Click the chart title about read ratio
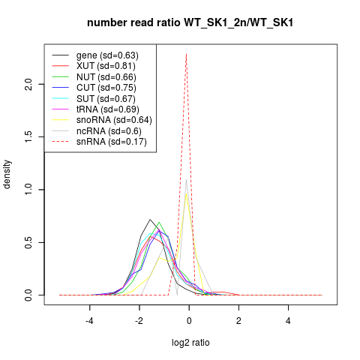pyautogui.click(x=190, y=22)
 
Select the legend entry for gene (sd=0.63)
pyautogui.click(x=107, y=55)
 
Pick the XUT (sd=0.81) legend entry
pyautogui.click(x=106, y=66)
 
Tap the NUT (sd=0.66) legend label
pyautogui.click(x=106, y=77)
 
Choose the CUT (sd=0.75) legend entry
pyautogui.click(x=106, y=88)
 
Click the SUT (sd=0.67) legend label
pyautogui.click(x=106, y=99)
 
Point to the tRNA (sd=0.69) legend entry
pyautogui.click(x=108, y=109)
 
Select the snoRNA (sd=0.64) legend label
pyautogui.click(x=114, y=120)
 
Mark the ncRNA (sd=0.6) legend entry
pyautogui.click(x=109, y=131)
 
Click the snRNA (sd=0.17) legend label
pyautogui.click(x=112, y=142)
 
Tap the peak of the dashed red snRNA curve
pyautogui.click(x=186, y=54)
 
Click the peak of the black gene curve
pyautogui.click(x=150, y=220)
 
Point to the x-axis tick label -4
pyautogui.click(x=89, y=321)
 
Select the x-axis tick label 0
pyautogui.click(x=189, y=321)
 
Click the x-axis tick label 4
pyautogui.click(x=288, y=321)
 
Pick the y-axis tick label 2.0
pyautogui.click(x=28, y=84)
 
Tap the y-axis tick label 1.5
pyautogui.click(x=28, y=136)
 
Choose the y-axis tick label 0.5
pyautogui.click(x=28, y=242)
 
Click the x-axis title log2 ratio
pyautogui.click(x=190, y=343)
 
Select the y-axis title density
pyautogui.click(x=7, y=175)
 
